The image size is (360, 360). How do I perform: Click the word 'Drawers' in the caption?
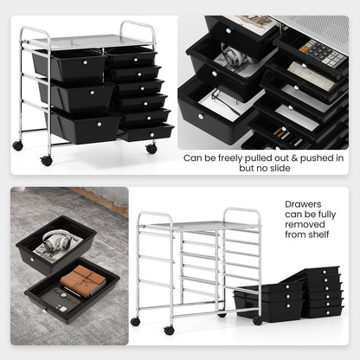click(x=302, y=206)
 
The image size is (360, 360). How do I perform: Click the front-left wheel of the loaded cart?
click(x=46, y=160)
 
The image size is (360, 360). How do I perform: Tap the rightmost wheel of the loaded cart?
click(x=151, y=149)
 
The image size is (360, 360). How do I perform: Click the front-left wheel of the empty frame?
click(x=169, y=330)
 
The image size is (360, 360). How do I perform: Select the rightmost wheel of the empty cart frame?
click(x=258, y=320)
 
